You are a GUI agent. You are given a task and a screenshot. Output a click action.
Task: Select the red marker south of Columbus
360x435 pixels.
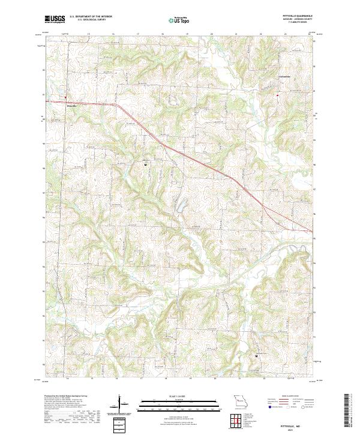pyautogui.click(x=277, y=95)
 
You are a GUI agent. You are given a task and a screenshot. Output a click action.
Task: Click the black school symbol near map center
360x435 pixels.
pyautogui.click(x=145, y=163)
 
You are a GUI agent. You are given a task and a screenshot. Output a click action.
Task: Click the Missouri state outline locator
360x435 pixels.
pyautogui.click(x=238, y=400)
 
